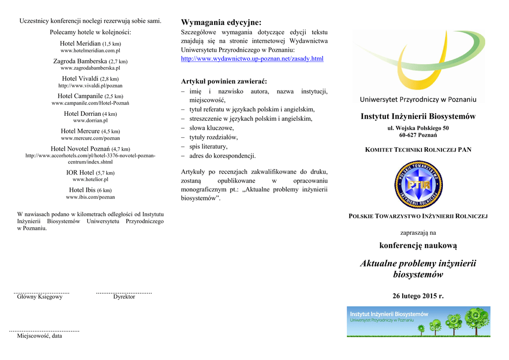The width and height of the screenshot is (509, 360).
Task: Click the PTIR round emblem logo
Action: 418,184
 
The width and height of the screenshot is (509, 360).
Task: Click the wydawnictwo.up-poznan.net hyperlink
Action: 252,59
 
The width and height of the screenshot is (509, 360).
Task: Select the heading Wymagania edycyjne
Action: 221,22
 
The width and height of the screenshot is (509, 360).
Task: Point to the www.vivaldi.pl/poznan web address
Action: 90,86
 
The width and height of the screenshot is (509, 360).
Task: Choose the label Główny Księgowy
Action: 40,297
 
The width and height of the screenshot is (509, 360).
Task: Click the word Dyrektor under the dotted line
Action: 124,297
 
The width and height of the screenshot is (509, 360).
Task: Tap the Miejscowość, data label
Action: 40,336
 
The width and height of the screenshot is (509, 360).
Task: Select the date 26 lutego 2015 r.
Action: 418,296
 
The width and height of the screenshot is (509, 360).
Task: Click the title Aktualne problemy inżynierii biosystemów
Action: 418,269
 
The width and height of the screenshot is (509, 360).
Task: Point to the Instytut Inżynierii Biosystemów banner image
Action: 419,322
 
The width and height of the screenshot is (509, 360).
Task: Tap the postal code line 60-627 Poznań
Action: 418,135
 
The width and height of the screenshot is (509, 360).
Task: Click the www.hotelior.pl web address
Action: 90,180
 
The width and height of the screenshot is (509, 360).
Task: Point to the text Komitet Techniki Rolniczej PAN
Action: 418,149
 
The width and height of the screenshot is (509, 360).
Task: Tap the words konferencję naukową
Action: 418,246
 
